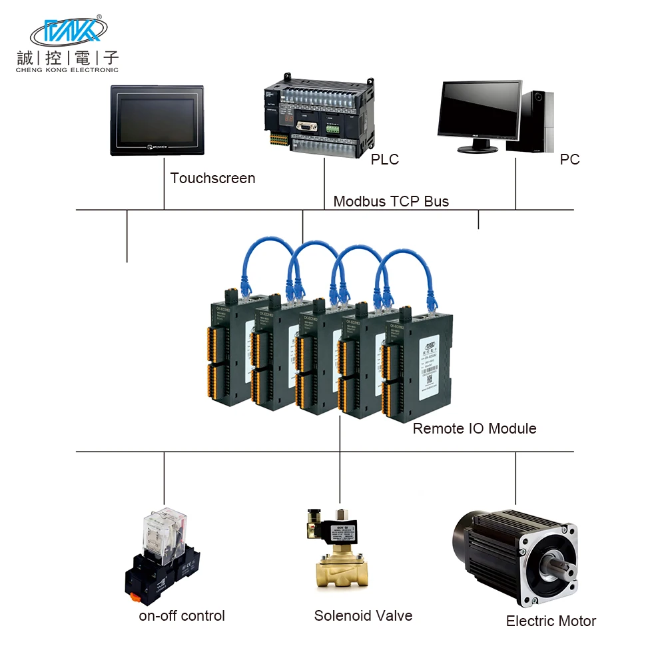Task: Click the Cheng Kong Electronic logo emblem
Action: tap(69, 31)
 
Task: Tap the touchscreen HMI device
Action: tap(157, 120)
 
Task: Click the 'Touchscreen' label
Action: tap(212, 178)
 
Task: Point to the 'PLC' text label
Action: tap(385, 160)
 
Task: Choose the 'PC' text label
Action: tap(569, 160)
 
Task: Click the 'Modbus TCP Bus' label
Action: tap(391, 201)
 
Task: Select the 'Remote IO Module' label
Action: tap(474, 428)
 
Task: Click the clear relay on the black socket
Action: tap(161, 533)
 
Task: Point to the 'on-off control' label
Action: tap(182, 616)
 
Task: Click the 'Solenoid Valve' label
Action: tap(363, 616)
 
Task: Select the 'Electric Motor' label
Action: tap(551, 621)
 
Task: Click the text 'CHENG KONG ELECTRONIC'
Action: tap(67, 69)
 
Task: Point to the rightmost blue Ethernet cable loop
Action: tap(403, 266)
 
